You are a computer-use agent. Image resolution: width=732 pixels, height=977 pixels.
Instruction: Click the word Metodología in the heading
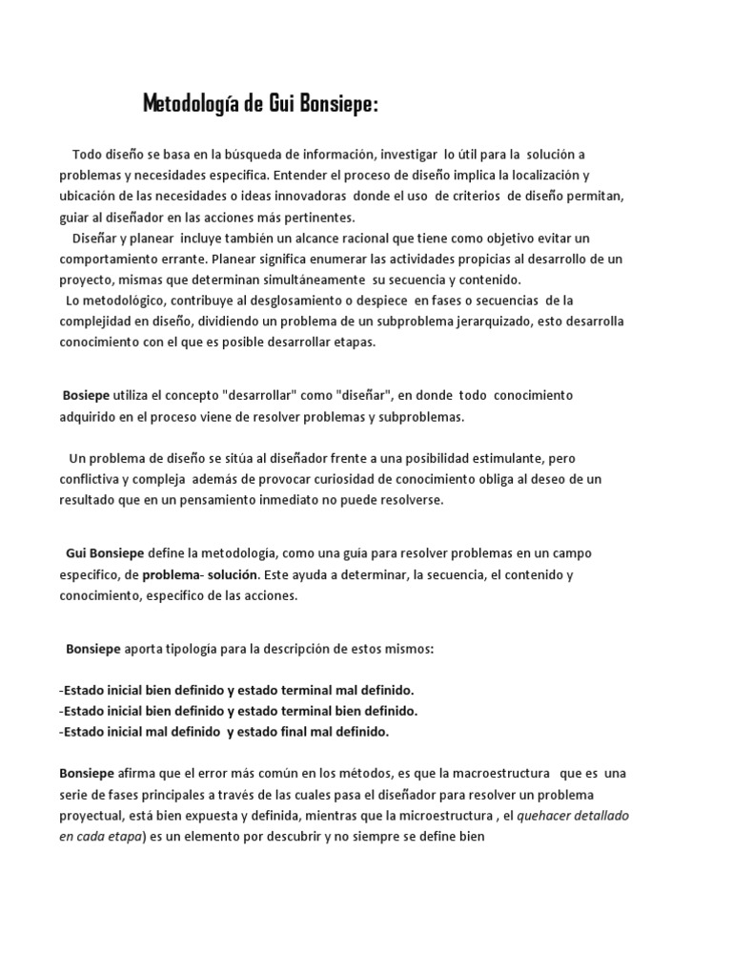coord(192,103)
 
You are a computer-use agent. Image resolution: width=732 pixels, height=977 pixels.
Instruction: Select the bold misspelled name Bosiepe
coord(86,395)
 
